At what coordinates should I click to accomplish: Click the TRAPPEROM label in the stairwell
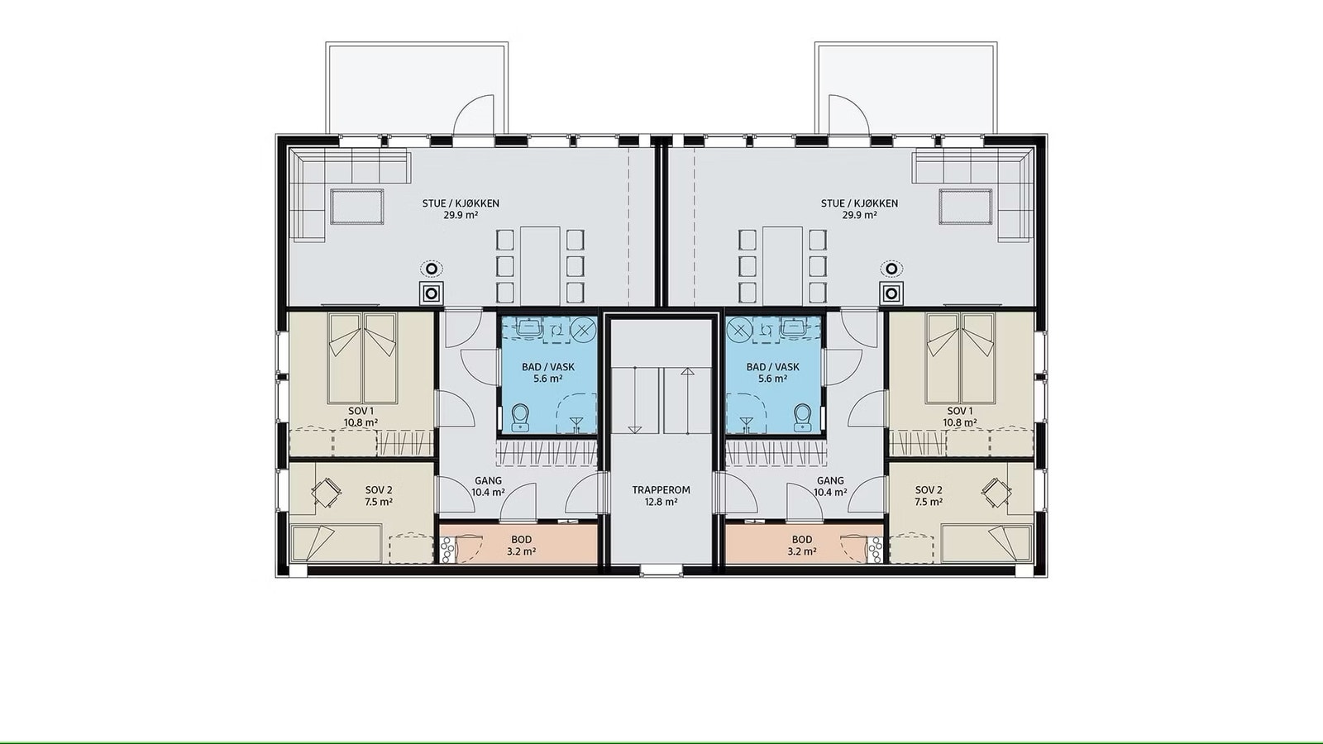(x=661, y=489)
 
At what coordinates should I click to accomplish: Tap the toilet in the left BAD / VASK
(x=521, y=417)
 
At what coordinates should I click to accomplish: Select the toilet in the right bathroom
(x=802, y=417)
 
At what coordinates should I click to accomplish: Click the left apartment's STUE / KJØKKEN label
(x=461, y=203)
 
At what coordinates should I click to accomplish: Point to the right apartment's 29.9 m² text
(x=859, y=215)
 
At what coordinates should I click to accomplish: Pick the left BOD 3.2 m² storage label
(x=522, y=546)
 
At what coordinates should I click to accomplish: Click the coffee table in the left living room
(x=357, y=206)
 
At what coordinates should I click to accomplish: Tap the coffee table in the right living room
(x=965, y=206)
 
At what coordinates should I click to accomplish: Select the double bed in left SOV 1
(x=361, y=357)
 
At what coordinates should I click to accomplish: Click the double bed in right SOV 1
(x=960, y=357)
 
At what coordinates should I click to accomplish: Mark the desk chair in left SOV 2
(x=325, y=493)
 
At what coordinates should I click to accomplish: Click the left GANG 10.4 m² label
(x=488, y=487)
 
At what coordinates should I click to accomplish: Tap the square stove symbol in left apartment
(x=432, y=293)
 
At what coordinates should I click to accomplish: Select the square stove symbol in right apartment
(x=891, y=293)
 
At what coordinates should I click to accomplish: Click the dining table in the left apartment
(x=540, y=265)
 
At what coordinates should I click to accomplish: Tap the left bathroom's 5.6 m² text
(x=548, y=379)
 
